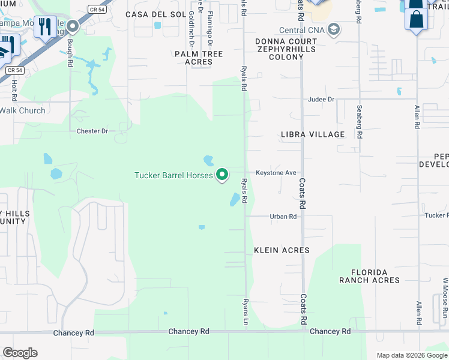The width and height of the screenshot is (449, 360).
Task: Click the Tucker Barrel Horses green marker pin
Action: click(223, 175)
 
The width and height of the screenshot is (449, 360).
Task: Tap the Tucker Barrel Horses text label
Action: click(173, 175)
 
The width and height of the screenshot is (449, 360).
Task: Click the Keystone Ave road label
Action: click(276, 173)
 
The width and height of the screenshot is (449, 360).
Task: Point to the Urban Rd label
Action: click(283, 217)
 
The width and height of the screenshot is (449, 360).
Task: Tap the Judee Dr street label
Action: click(321, 100)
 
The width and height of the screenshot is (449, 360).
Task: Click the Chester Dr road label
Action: click(92, 131)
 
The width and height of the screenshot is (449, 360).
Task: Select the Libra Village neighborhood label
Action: click(313, 134)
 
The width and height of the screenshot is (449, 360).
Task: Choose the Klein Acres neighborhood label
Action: click(282, 250)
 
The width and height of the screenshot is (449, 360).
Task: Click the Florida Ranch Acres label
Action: click(369, 276)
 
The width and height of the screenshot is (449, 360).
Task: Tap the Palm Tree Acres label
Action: click(199, 58)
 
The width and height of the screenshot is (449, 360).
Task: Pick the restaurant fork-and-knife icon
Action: click(44, 27)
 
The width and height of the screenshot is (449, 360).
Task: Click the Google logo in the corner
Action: click(20, 353)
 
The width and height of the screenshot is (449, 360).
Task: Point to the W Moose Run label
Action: click(445, 298)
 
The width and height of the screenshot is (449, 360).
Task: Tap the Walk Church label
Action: click(23, 110)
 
